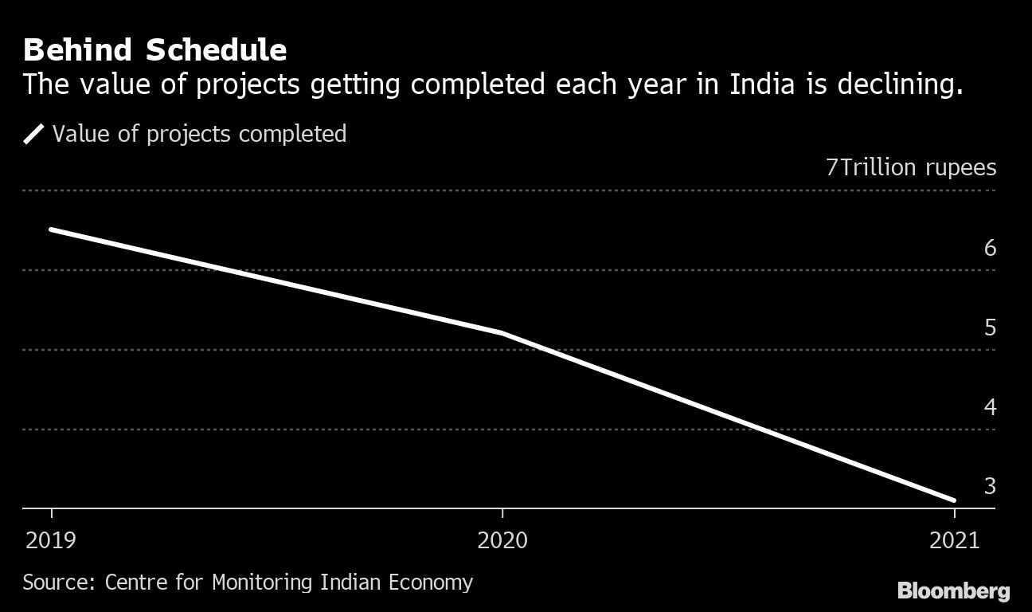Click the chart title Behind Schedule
point(154,50)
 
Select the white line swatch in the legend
point(34,134)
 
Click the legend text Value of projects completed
point(199,134)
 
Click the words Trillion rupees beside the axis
point(917,168)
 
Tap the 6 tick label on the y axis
point(990,248)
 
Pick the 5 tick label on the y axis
point(990,328)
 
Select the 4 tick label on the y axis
point(990,407)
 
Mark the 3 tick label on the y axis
point(990,486)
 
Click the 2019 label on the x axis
point(51,541)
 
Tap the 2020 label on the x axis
point(502,541)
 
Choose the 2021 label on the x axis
point(954,541)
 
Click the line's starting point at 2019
point(52,229)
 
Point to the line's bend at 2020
point(502,332)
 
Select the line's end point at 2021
point(953,500)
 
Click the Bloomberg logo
point(953,590)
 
